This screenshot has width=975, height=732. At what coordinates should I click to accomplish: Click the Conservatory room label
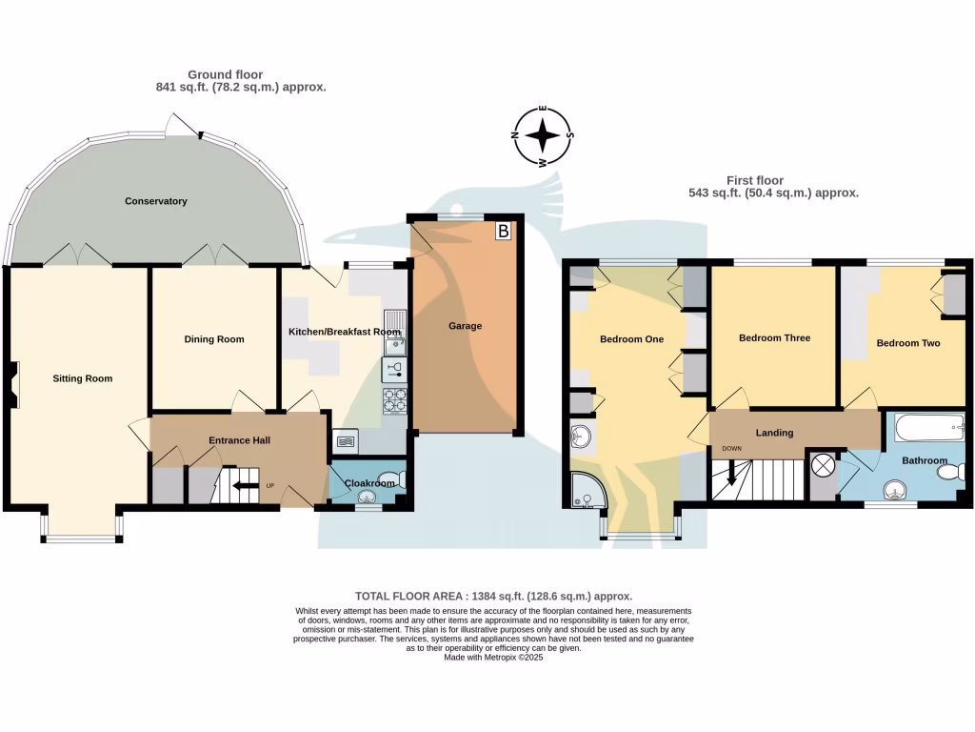pyautogui.click(x=155, y=201)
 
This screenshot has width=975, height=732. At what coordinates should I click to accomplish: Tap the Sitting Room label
pyautogui.click(x=82, y=378)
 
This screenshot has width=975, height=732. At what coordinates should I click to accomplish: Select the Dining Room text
pyautogui.click(x=214, y=339)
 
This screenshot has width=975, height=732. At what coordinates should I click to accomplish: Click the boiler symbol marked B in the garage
pyautogui.click(x=503, y=231)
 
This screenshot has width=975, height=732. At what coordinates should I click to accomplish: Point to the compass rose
pyautogui.click(x=543, y=136)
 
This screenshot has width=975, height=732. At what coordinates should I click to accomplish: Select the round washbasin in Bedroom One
pyautogui.click(x=582, y=437)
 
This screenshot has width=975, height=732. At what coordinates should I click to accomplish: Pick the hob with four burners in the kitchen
pyautogui.click(x=395, y=400)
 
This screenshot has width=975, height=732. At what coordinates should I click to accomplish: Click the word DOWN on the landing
pyautogui.click(x=731, y=448)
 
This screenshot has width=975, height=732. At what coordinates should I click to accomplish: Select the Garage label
pyautogui.click(x=466, y=326)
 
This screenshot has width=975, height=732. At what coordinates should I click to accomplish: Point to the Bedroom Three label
pyautogui.click(x=774, y=338)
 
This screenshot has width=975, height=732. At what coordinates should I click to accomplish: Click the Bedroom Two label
pyautogui.click(x=907, y=343)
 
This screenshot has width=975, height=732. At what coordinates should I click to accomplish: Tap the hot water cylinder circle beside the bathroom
pyautogui.click(x=822, y=466)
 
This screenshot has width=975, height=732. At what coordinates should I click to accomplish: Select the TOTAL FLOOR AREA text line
pyautogui.click(x=493, y=596)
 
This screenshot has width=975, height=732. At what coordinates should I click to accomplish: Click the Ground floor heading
pyautogui.click(x=225, y=74)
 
